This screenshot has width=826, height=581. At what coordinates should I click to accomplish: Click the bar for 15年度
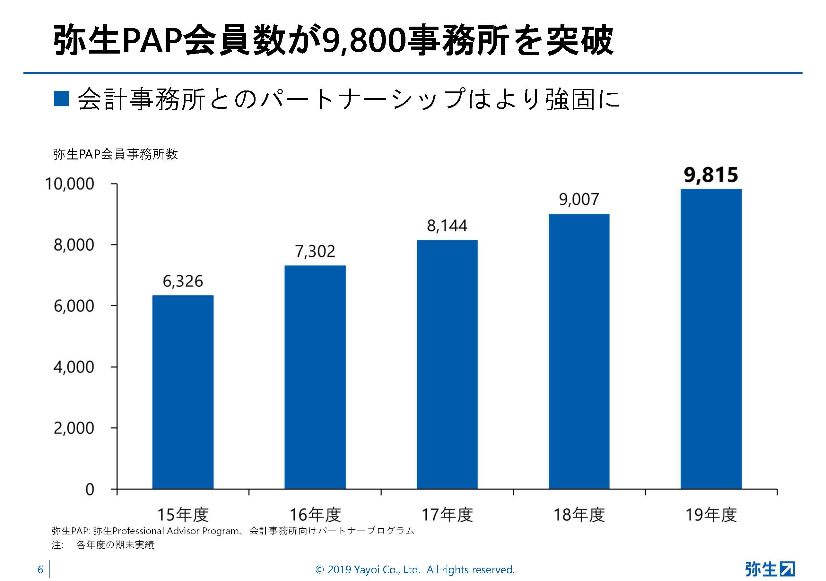coord(183,392)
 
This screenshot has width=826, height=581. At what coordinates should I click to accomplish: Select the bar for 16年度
coord(315,377)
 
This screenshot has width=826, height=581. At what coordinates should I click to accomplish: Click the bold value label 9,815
coord(711,175)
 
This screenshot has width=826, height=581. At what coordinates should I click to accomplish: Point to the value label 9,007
coord(579,200)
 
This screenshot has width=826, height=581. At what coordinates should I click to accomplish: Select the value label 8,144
coord(447,226)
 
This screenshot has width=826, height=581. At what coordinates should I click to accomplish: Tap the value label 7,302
coord(315,251)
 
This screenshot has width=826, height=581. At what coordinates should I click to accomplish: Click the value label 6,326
coord(183,281)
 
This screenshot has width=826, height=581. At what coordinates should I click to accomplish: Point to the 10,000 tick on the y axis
coord(69,184)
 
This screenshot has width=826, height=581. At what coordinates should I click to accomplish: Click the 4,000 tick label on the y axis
coord(74,367)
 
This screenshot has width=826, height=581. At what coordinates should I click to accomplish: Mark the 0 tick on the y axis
coord(90,489)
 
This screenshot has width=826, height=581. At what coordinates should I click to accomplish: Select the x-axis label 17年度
coord(447,515)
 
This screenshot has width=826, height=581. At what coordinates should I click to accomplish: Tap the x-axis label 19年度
coord(711,515)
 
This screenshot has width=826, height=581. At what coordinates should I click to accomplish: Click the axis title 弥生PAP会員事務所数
coord(116,154)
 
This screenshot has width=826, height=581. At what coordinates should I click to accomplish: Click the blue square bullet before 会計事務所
coord(61,99)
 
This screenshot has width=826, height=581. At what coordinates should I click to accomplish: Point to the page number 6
coord(40,569)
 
